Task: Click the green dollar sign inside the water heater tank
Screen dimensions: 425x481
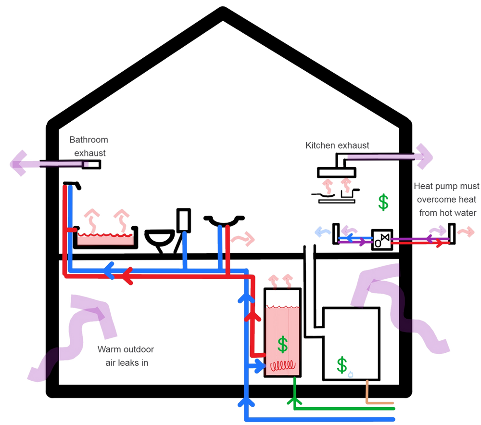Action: point(282,344)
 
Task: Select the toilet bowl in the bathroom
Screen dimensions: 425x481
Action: point(160,237)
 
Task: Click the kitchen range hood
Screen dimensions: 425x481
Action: point(337,169)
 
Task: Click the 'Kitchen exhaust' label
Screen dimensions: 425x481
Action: point(337,144)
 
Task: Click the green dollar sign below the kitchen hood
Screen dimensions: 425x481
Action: point(383,203)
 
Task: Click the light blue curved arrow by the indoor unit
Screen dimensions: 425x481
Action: point(319,231)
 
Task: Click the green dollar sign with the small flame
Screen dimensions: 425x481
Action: point(342,366)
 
